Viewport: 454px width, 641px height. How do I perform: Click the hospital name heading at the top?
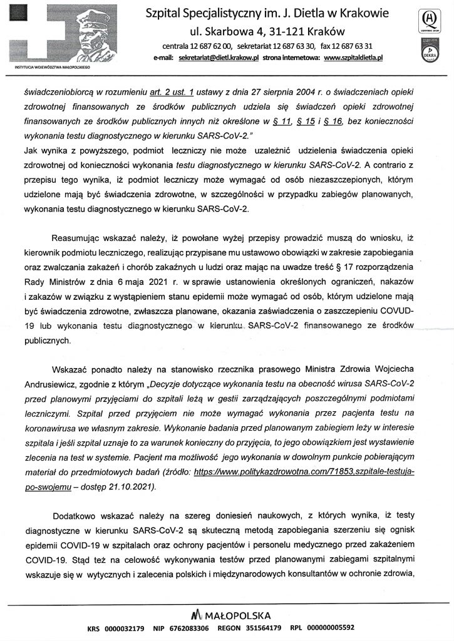click(267, 13)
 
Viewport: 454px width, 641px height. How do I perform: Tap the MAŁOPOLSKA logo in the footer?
click(225, 615)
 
